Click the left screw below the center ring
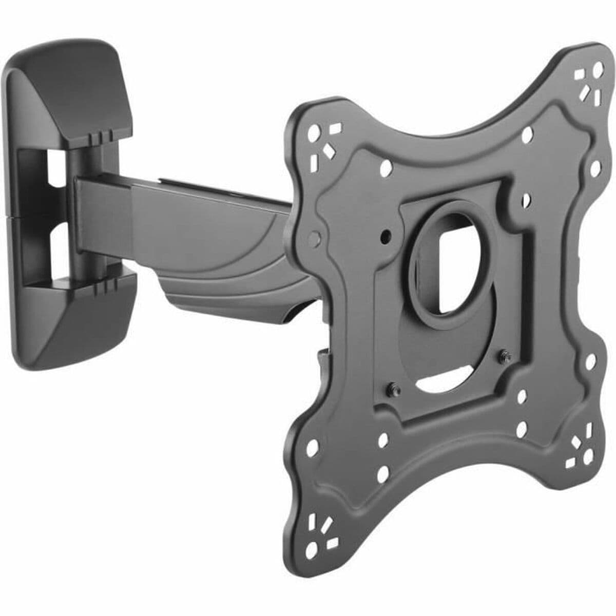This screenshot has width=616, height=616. pyautogui.click(x=392, y=388)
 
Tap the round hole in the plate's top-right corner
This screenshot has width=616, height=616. pyautogui.click(x=598, y=68)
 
